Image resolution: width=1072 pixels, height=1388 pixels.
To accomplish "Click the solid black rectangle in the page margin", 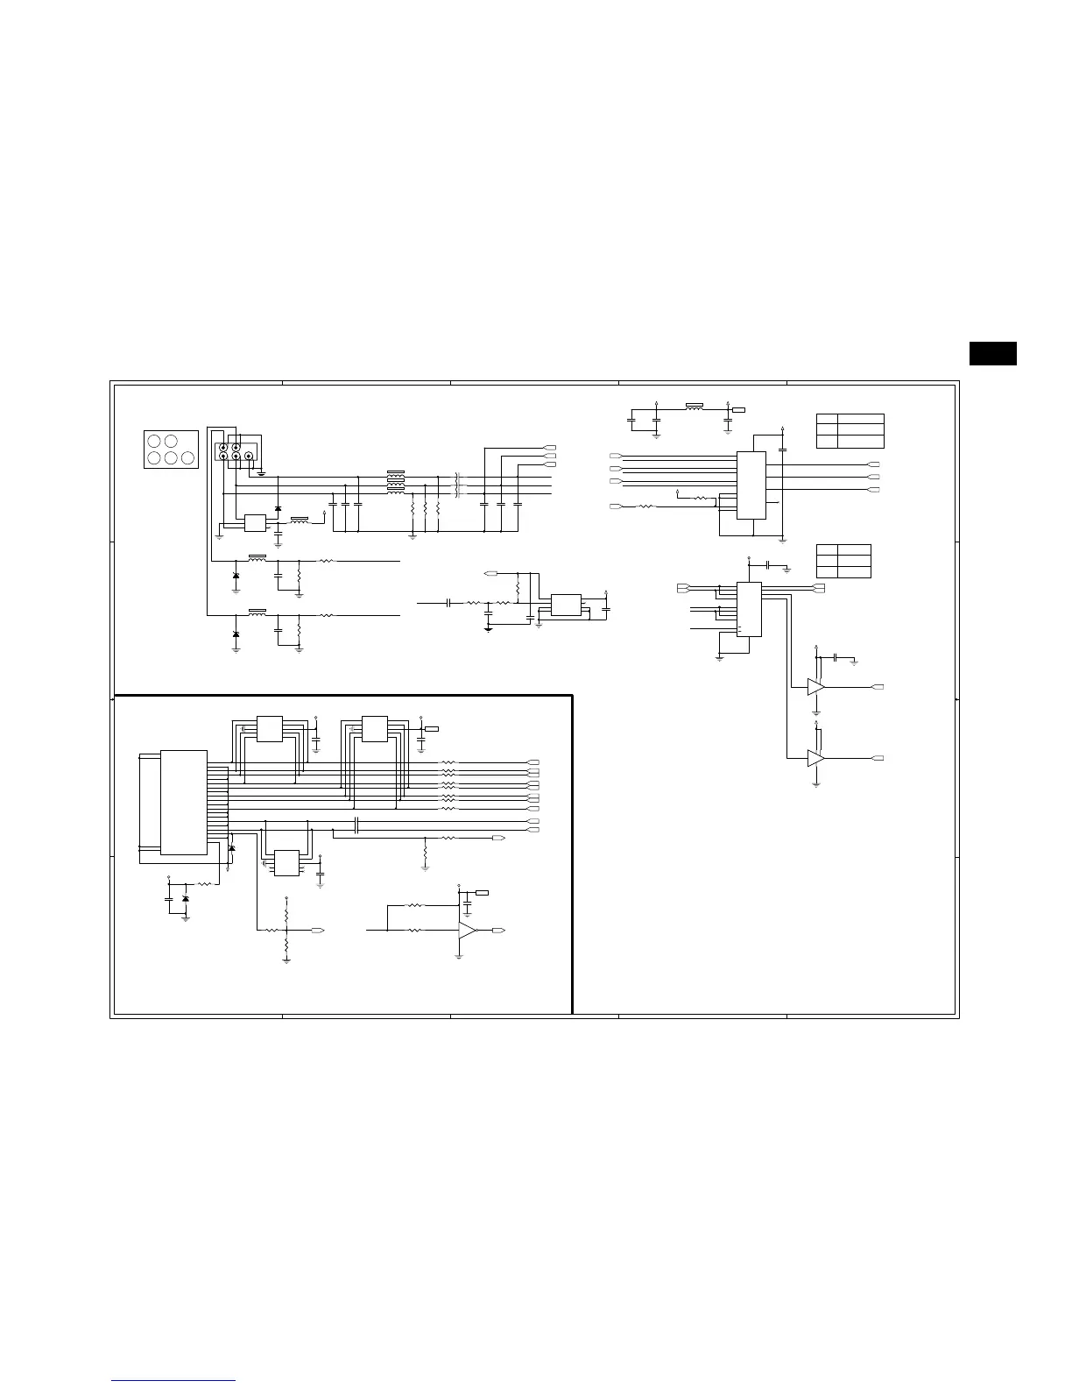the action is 992,352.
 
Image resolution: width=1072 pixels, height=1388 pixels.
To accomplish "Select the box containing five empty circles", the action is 170,449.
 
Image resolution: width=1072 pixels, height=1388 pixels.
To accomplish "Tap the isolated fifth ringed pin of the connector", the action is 248,456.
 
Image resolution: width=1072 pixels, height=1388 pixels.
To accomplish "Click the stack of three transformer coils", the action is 396,482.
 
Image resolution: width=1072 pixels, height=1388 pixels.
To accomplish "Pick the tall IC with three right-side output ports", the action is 751,485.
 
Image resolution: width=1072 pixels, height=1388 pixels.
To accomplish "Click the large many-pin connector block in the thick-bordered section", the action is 184,801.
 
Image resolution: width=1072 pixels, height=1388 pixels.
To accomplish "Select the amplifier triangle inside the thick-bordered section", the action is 468,930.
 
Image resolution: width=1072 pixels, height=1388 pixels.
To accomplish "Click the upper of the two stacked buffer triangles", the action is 815,687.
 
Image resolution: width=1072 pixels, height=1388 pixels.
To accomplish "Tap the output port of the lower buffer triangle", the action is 878,757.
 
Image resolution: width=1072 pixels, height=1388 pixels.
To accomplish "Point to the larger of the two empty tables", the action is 850,430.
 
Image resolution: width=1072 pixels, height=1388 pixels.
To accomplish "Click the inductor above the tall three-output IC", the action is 695,407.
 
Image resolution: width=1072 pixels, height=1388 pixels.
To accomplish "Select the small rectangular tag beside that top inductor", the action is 739,409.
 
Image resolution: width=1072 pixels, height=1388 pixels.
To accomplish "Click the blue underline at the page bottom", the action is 173,1381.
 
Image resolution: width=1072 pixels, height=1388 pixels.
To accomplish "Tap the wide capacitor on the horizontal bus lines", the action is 357,825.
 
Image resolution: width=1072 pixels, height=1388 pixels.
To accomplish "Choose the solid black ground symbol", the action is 489,627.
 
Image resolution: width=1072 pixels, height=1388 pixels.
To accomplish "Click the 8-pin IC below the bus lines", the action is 286,862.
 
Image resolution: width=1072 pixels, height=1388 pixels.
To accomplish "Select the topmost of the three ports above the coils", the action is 550,447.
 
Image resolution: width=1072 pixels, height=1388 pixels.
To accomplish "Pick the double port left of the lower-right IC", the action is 685,586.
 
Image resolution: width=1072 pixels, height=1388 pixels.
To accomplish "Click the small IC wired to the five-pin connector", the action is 255,522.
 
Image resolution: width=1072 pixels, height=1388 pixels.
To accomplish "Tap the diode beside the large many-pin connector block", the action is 231,848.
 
